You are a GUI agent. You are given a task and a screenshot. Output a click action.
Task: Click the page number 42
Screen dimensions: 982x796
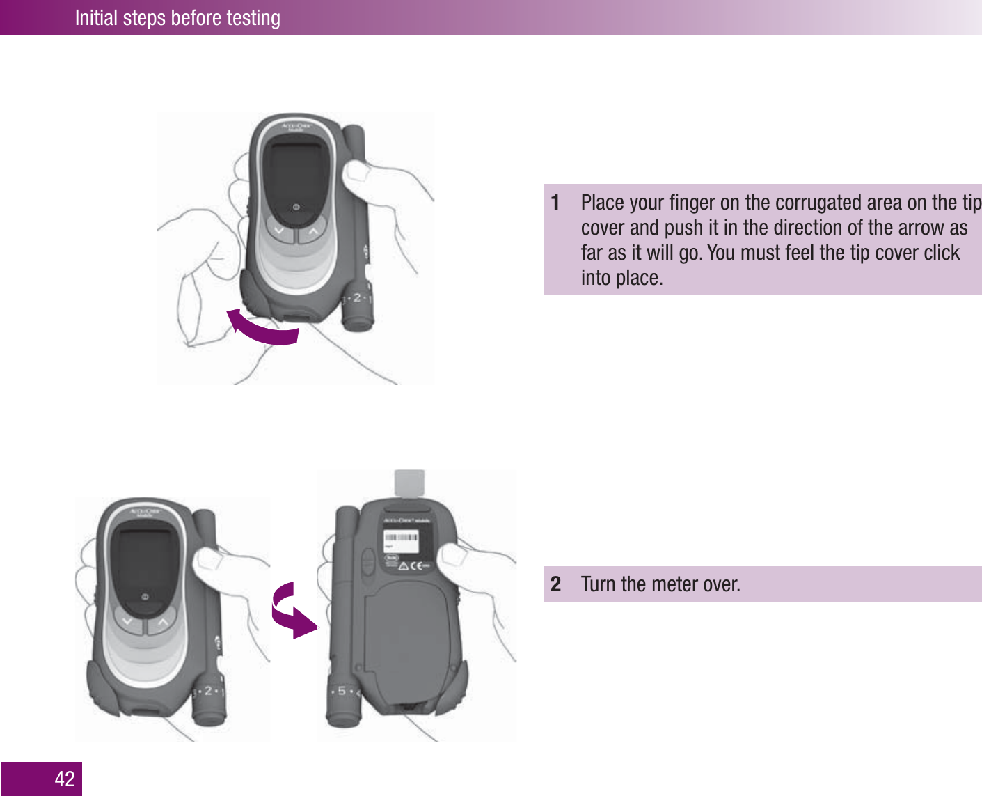click(x=65, y=779)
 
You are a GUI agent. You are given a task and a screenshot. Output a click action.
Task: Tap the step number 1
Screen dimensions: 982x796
click(x=555, y=203)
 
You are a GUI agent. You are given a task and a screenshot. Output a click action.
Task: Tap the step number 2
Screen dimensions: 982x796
click(x=555, y=584)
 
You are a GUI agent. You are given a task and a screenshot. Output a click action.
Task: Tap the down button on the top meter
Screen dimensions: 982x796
click(x=279, y=231)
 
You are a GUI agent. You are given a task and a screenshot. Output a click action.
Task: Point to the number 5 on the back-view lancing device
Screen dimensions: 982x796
click(x=342, y=691)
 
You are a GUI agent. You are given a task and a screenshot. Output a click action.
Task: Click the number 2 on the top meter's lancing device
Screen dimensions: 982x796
click(x=357, y=297)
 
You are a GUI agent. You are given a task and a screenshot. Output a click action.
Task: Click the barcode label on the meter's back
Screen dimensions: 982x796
click(x=402, y=538)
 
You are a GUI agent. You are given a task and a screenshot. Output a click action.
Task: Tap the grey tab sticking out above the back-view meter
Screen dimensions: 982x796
click(x=409, y=483)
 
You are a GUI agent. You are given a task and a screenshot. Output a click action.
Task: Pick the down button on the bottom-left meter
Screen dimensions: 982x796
click(x=127, y=621)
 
